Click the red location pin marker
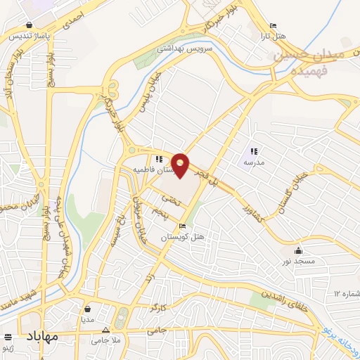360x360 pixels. (181, 165)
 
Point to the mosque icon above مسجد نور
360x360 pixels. (299, 251)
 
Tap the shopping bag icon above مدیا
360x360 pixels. (87, 307)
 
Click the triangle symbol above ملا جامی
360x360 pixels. (106, 329)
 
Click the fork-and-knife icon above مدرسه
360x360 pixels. (253, 150)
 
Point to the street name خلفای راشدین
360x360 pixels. (286, 302)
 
